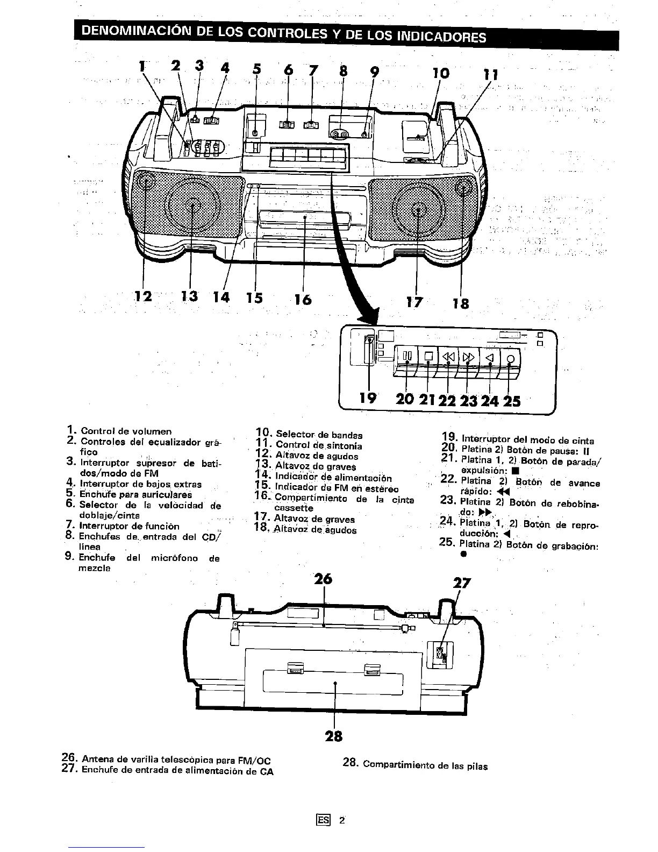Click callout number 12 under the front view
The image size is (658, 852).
[144, 296]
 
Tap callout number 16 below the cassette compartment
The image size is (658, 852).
[303, 299]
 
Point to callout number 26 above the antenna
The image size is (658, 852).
[323, 579]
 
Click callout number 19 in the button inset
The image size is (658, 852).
[368, 397]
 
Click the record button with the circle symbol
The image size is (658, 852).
[510, 359]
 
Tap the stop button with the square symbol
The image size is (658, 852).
[428, 357]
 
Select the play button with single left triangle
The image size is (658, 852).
[489, 358]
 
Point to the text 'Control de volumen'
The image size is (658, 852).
[126, 431]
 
